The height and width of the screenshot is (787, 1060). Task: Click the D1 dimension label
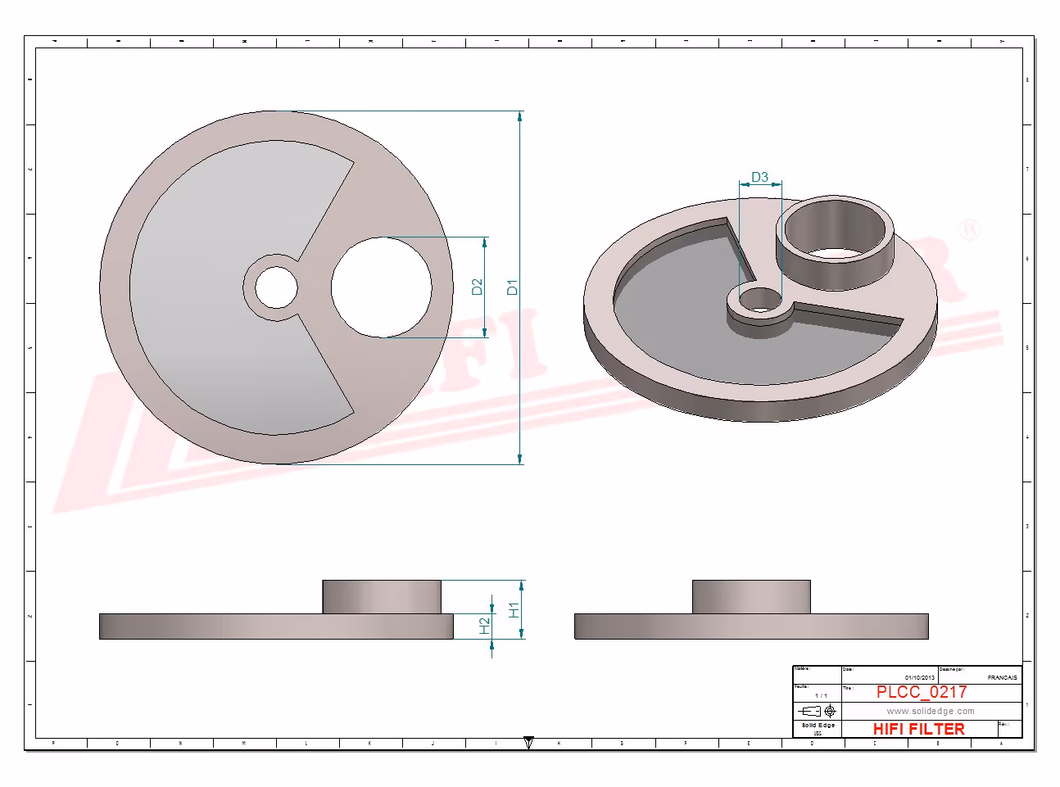point(512,287)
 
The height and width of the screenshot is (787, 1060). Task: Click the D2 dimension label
point(478,287)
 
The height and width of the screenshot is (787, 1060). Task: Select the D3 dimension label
point(759,177)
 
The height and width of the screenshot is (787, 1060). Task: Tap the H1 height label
point(514,610)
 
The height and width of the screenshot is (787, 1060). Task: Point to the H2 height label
point(484,626)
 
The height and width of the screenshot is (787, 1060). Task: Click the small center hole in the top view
point(276,287)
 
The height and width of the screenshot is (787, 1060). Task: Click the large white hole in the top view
point(381,287)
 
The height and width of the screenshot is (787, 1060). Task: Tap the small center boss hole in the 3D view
point(760,300)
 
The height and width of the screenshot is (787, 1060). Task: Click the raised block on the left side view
point(381,596)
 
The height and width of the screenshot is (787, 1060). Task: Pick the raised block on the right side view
point(751,596)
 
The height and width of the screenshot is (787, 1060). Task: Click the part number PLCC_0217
point(922,692)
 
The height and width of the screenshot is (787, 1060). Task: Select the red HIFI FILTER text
point(918,729)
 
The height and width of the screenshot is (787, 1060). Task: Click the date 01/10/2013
point(919,677)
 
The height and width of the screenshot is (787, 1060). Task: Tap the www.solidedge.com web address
point(931,711)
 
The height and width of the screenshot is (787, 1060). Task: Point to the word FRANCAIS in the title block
point(1002,677)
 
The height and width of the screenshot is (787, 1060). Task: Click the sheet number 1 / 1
point(821,695)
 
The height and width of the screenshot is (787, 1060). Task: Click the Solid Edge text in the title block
point(818,726)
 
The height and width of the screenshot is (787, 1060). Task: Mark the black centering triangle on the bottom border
point(529,743)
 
